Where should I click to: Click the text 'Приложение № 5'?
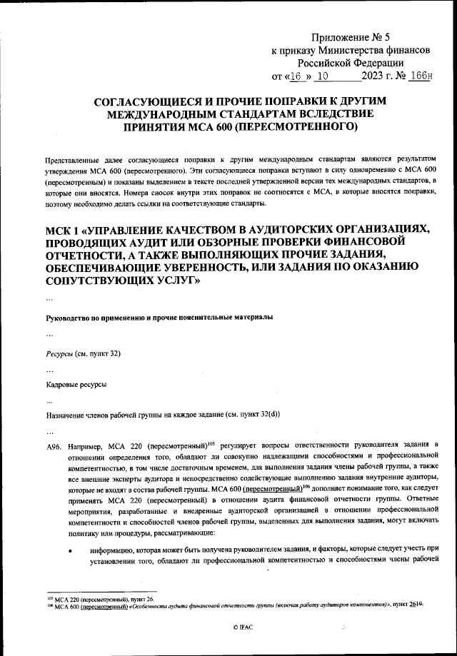[351, 36]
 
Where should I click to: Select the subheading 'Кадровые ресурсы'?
[76, 385]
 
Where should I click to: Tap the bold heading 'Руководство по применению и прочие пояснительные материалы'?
[159, 317]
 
